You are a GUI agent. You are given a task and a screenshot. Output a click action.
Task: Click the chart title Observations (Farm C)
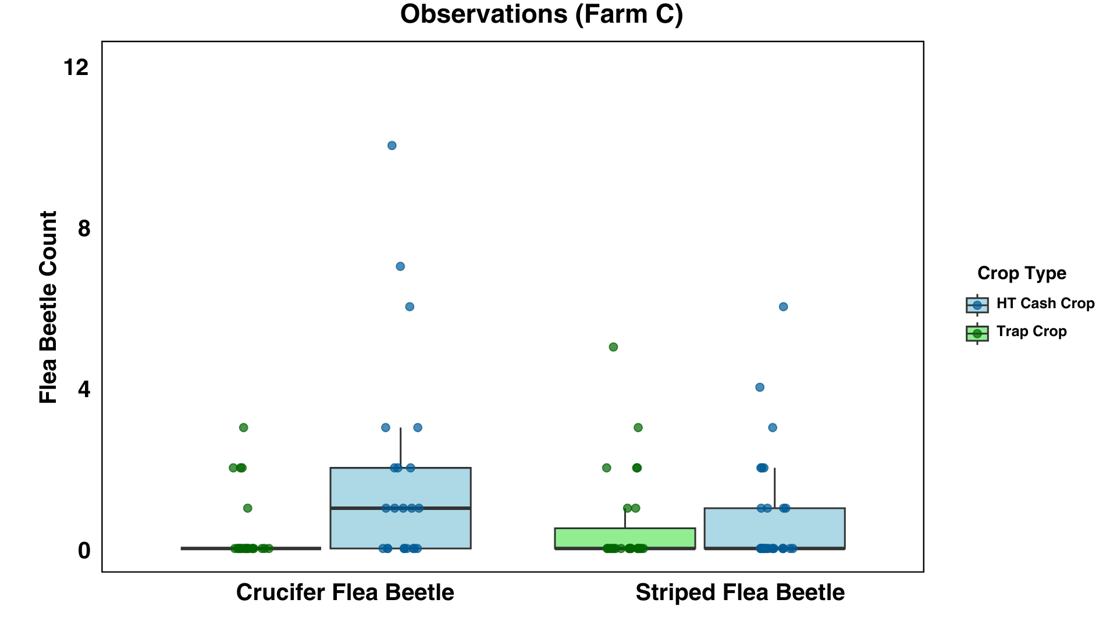coord(541,15)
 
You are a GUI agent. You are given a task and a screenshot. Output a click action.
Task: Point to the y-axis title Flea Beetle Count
coord(48,307)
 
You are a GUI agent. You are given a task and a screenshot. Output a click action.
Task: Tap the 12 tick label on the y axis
coord(76,67)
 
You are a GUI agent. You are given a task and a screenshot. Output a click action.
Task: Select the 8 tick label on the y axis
coord(84,229)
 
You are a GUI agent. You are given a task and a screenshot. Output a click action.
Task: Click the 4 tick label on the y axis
coord(84,390)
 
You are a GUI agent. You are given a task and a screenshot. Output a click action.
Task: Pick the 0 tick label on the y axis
coord(84,551)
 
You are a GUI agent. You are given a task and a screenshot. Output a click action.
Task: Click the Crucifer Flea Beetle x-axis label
coord(345,593)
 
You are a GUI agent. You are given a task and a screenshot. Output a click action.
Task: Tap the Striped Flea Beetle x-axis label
coord(740,593)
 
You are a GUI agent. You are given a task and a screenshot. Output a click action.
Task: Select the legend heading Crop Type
coord(1022,273)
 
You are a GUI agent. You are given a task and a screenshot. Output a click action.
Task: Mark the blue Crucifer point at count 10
coord(392,145)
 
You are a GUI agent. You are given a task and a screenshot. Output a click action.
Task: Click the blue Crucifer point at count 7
coord(400,266)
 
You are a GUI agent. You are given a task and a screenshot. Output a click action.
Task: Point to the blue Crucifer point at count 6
coord(410,306)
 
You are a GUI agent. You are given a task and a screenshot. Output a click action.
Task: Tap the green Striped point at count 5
coord(613,347)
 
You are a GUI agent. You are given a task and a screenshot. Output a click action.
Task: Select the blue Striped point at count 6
coord(784,306)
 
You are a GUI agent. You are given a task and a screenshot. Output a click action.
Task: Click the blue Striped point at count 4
coord(760,387)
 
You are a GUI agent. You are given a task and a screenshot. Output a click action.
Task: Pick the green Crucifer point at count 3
coord(244,427)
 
